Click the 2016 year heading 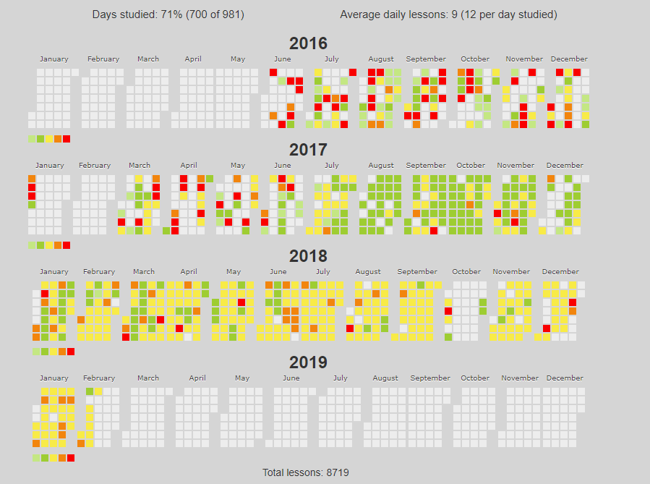point(308,43)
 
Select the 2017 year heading point(308,150)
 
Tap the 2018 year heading point(308,256)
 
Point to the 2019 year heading point(308,362)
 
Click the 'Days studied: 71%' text point(168,14)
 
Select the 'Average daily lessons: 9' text point(448,14)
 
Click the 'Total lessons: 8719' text point(306,472)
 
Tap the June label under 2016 point(283,59)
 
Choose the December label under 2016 point(569,59)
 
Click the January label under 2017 point(50,166)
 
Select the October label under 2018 point(466,272)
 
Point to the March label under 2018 point(144,272)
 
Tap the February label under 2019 point(99,378)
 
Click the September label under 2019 point(430,378)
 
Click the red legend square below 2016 point(67,139)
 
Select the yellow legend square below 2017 point(49,245)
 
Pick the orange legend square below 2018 point(62,352)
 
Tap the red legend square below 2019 point(71,458)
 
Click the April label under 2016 point(193,59)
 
